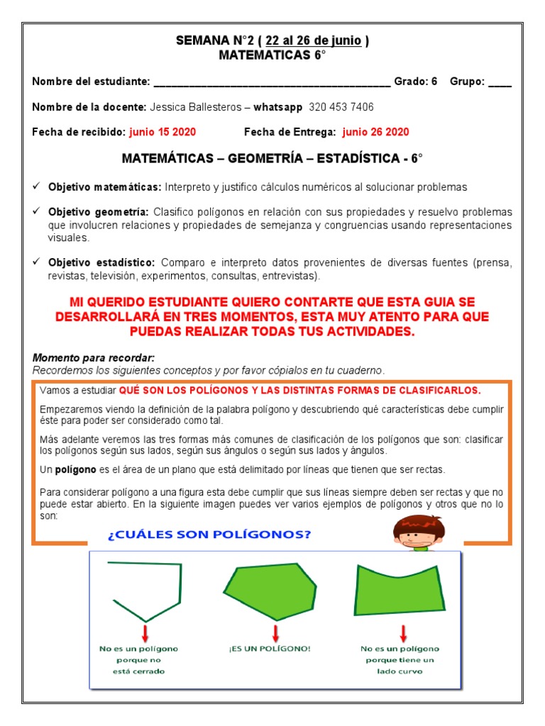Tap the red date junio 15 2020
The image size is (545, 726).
pos(163,132)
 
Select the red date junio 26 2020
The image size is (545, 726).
pos(375,132)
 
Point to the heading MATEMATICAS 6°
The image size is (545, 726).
pos(272,55)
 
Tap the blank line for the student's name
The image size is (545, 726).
pos(272,83)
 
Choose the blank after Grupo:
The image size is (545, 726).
pos(500,82)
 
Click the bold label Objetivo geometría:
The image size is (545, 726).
pos(99,212)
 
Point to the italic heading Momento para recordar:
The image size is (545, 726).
pos(94,358)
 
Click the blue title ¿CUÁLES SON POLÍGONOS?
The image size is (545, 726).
pos(209,535)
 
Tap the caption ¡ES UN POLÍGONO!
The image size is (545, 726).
pos(270,649)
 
